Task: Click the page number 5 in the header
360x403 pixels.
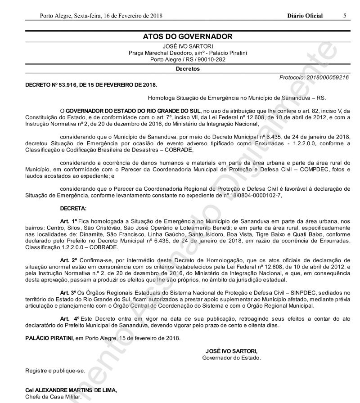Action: [x=344, y=16]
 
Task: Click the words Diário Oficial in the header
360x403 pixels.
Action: [x=305, y=16]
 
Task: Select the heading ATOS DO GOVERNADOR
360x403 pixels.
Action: [x=187, y=37]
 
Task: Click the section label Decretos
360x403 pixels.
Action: [x=187, y=69]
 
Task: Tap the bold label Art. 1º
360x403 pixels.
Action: [x=69, y=222]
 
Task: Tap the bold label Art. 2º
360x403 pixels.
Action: [x=69, y=260]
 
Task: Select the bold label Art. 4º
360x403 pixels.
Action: [x=69, y=318]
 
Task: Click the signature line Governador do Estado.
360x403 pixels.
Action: [x=231, y=358]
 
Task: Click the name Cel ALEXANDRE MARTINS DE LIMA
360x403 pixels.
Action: [x=71, y=390]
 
